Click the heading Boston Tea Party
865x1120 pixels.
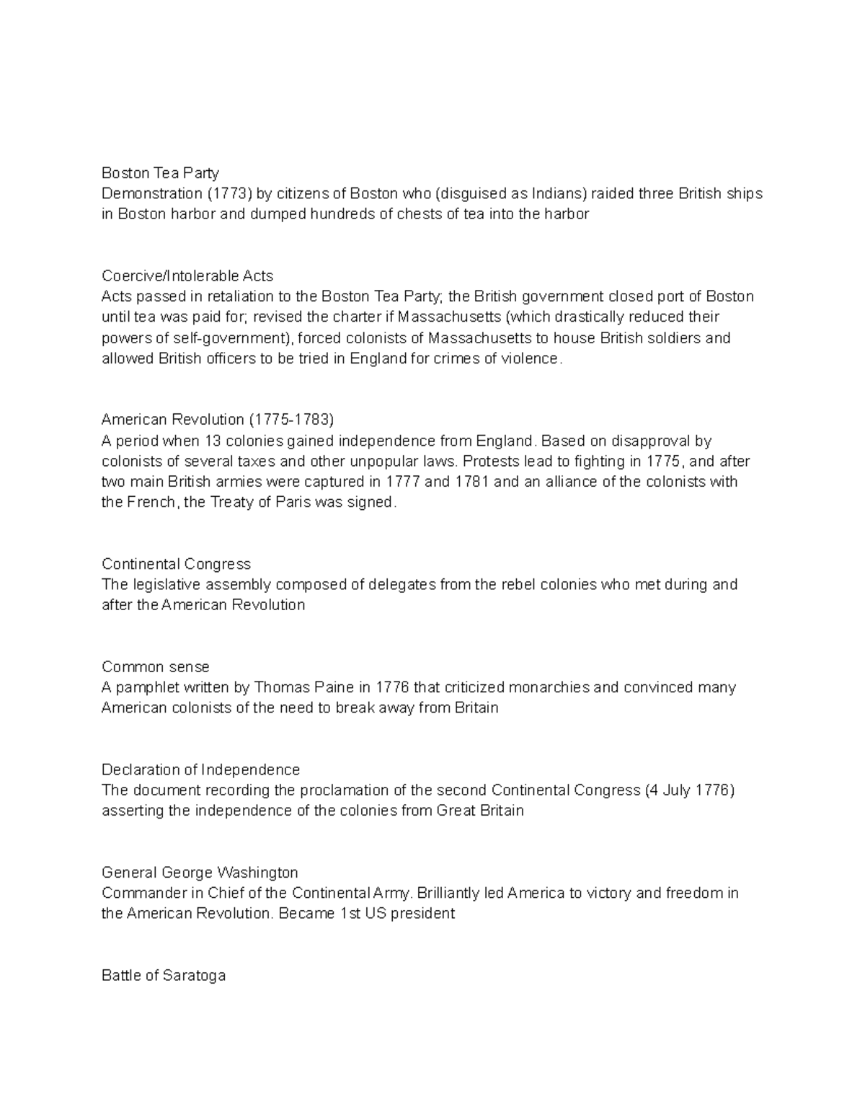(x=160, y=173)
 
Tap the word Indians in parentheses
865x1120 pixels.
(x=559, y=193)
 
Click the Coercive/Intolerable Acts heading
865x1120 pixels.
(x=187, y=275)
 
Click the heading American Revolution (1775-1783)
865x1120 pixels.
(x=218, y=420)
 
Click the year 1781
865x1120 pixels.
(x=473, y=482)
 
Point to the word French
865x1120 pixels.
(x=151, y=503)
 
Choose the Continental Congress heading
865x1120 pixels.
(x=176, y=564)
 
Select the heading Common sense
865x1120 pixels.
(x=156, y=666)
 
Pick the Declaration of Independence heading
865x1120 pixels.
(x=200, y=770)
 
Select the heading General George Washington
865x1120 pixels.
(x=200, y=873)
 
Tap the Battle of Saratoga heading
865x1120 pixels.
(x=164, y=976)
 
